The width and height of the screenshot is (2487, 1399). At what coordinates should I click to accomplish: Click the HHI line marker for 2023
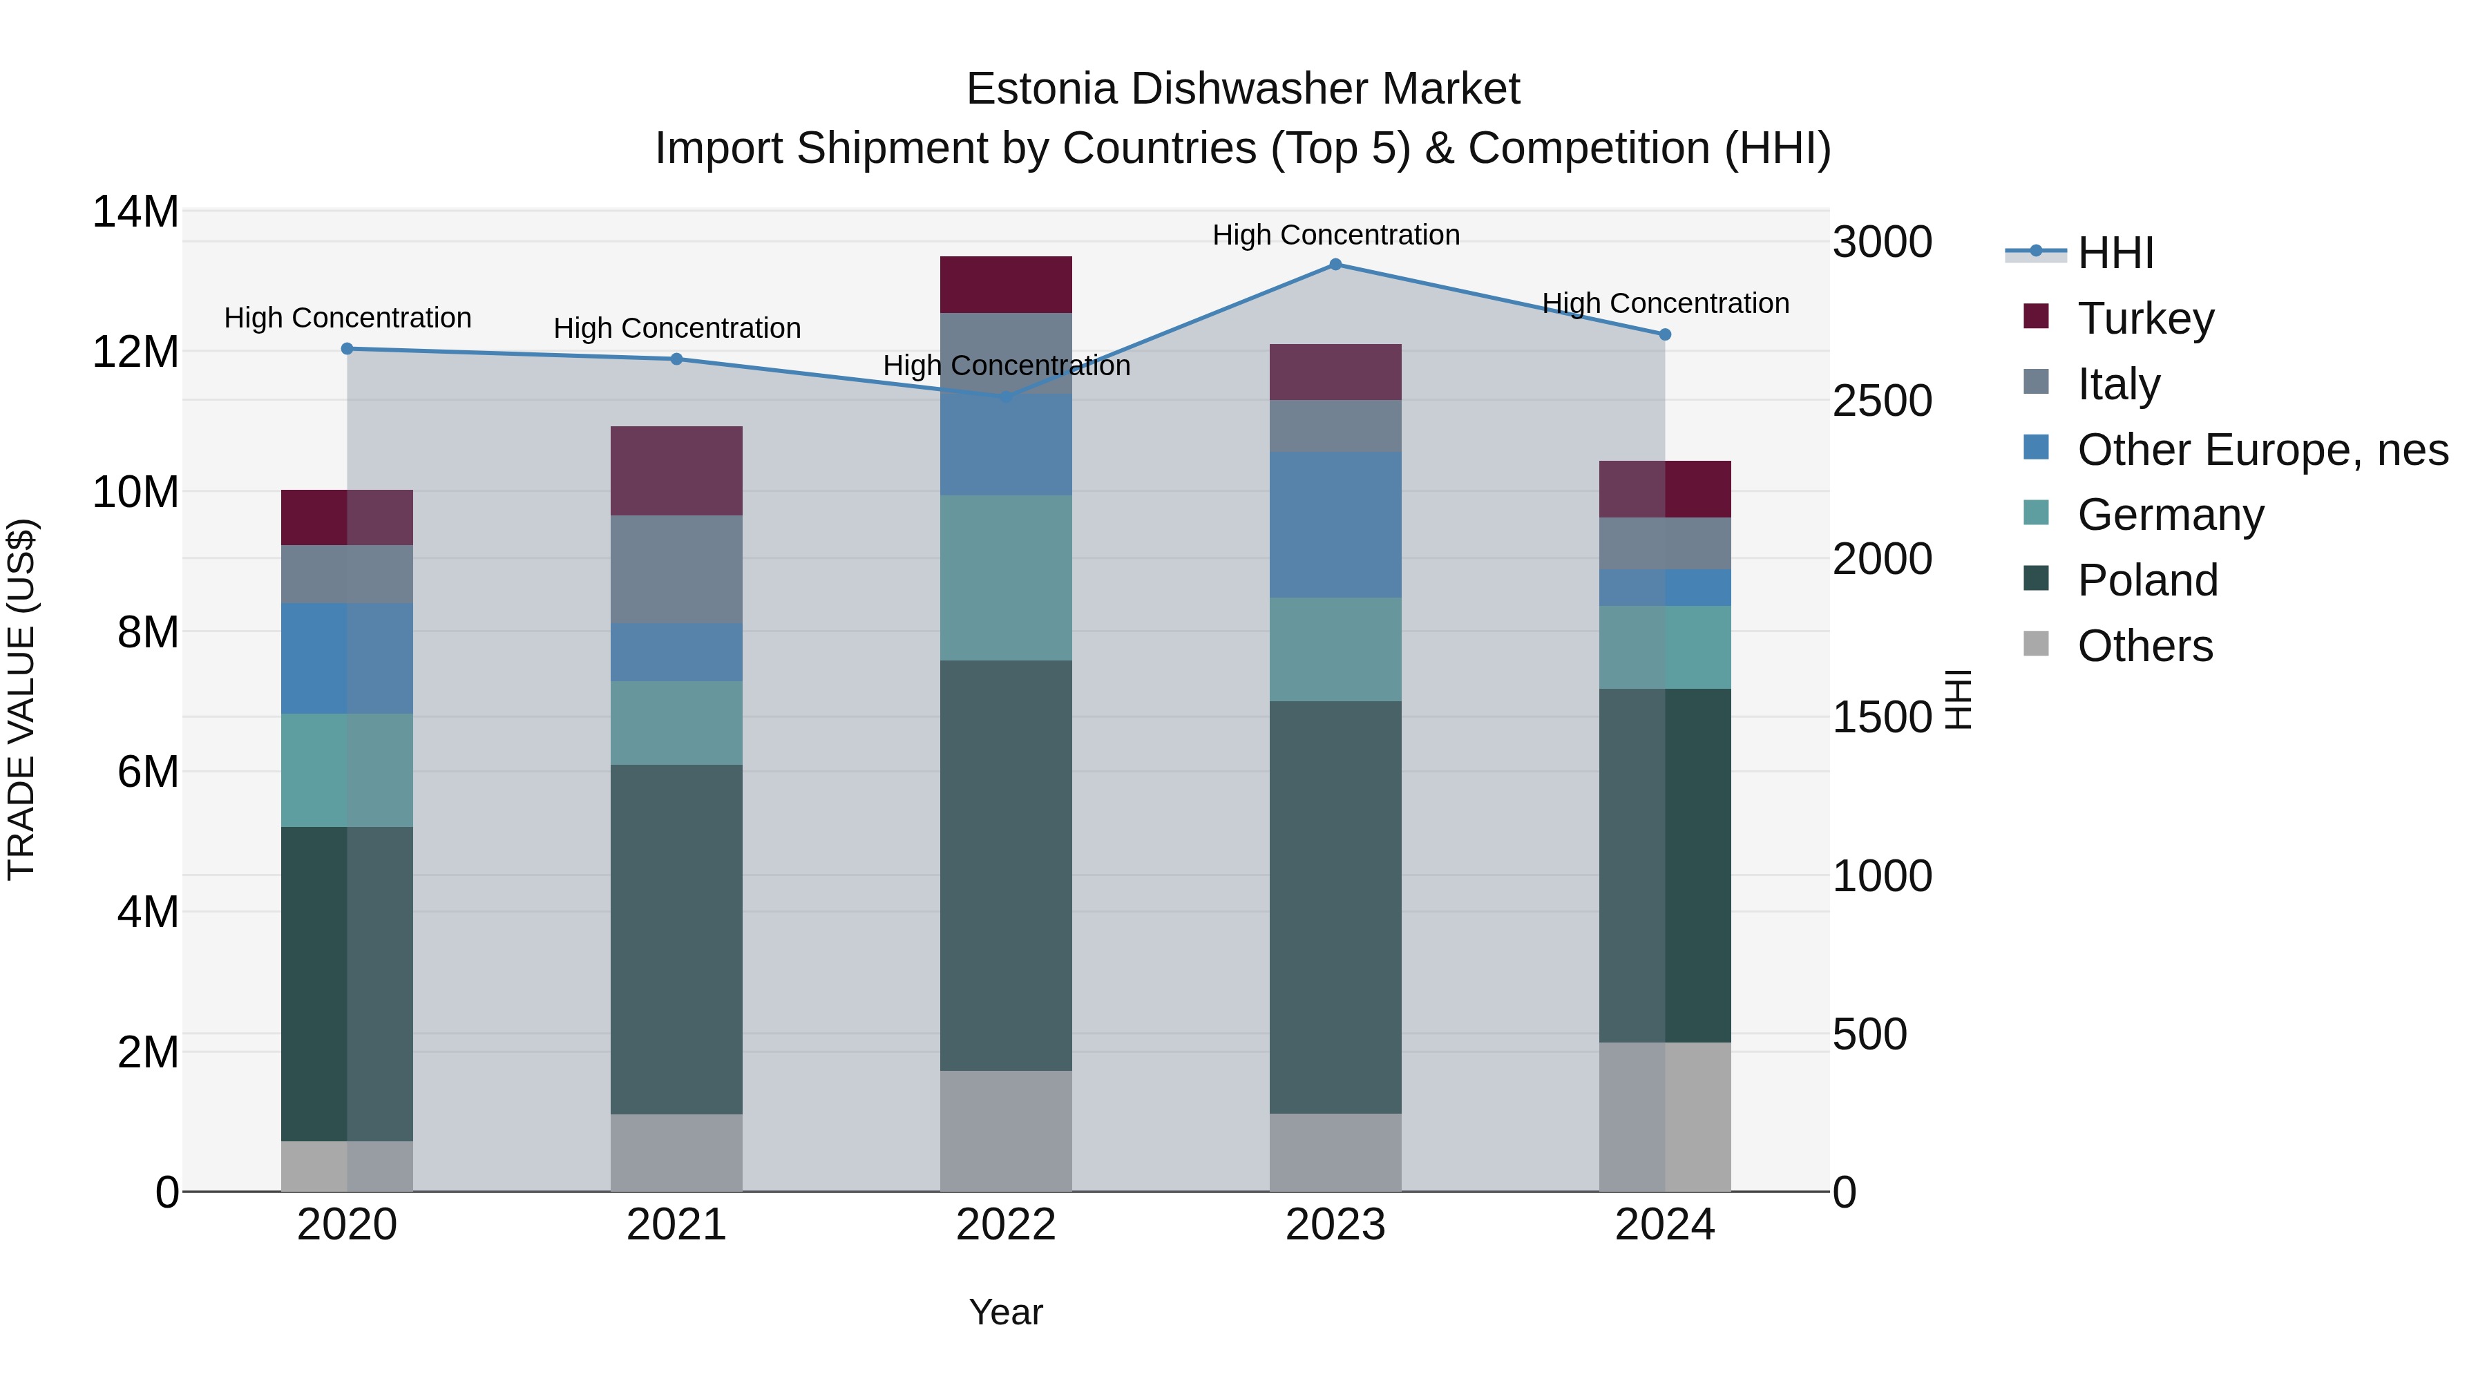pos(1335,265)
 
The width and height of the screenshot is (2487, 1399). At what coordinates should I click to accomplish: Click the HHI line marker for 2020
pos(347,349)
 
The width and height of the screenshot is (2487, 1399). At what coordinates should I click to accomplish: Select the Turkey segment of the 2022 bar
pos(1006,284)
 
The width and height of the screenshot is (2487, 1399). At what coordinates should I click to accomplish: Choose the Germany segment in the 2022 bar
pos(1006,578)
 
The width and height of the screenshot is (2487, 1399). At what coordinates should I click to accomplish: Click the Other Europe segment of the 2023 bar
pos(1335,524)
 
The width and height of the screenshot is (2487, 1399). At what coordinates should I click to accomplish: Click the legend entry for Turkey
pos(2145,318)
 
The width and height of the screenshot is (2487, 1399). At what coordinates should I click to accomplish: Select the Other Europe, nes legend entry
pos(2262,450)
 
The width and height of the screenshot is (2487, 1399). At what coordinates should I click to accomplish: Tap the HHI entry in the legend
pos(2115,253)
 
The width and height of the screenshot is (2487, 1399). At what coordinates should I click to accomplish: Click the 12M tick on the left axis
pos(135,352)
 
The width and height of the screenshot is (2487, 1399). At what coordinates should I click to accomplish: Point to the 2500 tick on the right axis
pos(1882,401)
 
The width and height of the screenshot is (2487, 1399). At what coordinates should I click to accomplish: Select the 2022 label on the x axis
pos(1006,1225)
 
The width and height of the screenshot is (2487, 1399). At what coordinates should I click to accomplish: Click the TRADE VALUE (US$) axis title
pos(21,699)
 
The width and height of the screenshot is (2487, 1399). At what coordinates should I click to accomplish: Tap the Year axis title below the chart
pos(1006,1312)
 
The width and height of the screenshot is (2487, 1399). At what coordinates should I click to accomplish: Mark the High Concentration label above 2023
pos(1335,235)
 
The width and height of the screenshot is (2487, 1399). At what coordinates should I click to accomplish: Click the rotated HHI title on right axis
pos(1958,699)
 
